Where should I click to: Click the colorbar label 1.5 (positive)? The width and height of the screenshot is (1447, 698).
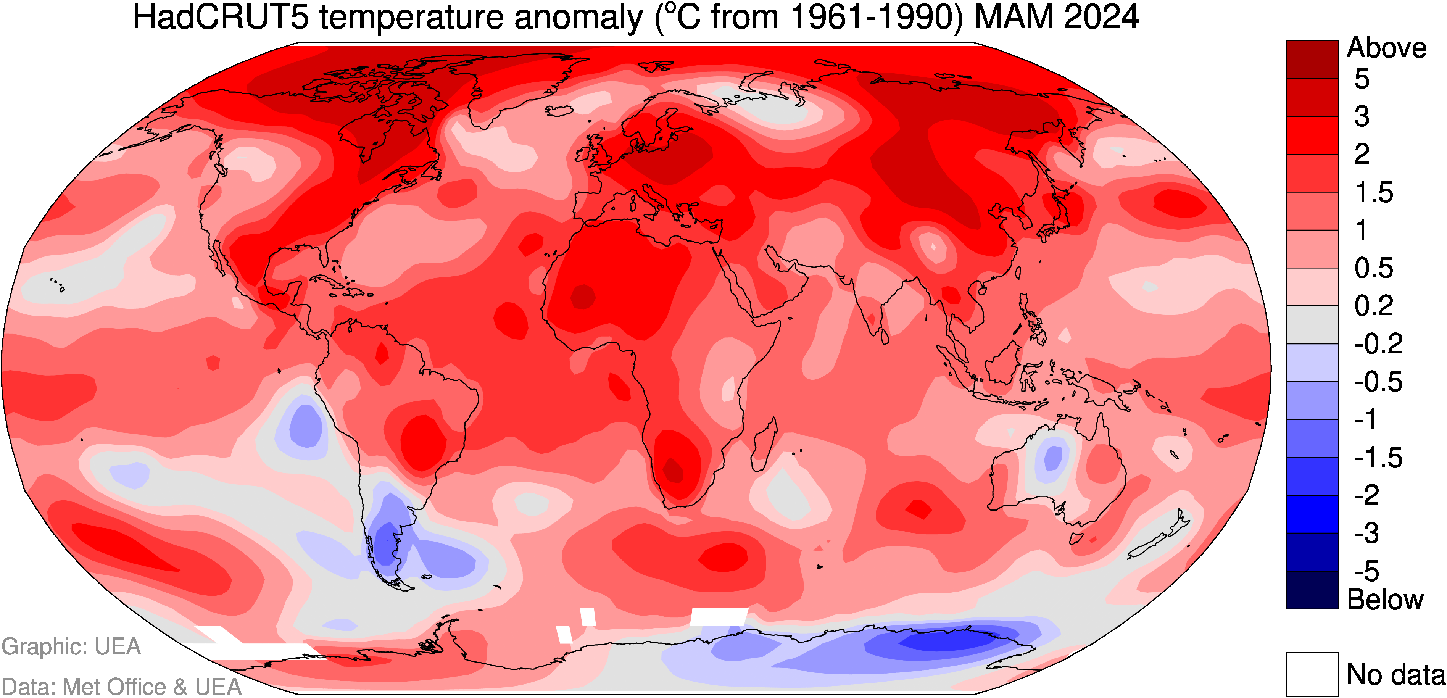(x=1374, y=193)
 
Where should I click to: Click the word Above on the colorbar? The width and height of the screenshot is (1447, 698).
(x=1386, y=48)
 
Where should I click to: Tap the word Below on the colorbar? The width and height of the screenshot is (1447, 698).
(x=1385, y=600)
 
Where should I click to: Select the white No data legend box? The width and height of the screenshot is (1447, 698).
(x=1312, y=674)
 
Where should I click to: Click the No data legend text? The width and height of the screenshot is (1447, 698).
(x=1395, y=674)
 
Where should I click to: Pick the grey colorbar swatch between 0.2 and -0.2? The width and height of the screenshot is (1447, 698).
(x=1312, y=325)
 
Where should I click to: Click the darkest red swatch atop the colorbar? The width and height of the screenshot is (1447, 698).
(x=1312, y=59)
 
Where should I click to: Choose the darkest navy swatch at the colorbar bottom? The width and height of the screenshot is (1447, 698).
(x=1312, y=590)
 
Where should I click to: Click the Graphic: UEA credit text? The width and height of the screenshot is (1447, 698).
(x=71, y=646)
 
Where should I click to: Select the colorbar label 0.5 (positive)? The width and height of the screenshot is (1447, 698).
(x=1374, y=268)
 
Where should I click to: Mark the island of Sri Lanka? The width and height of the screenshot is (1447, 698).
(x=885, y=337)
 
